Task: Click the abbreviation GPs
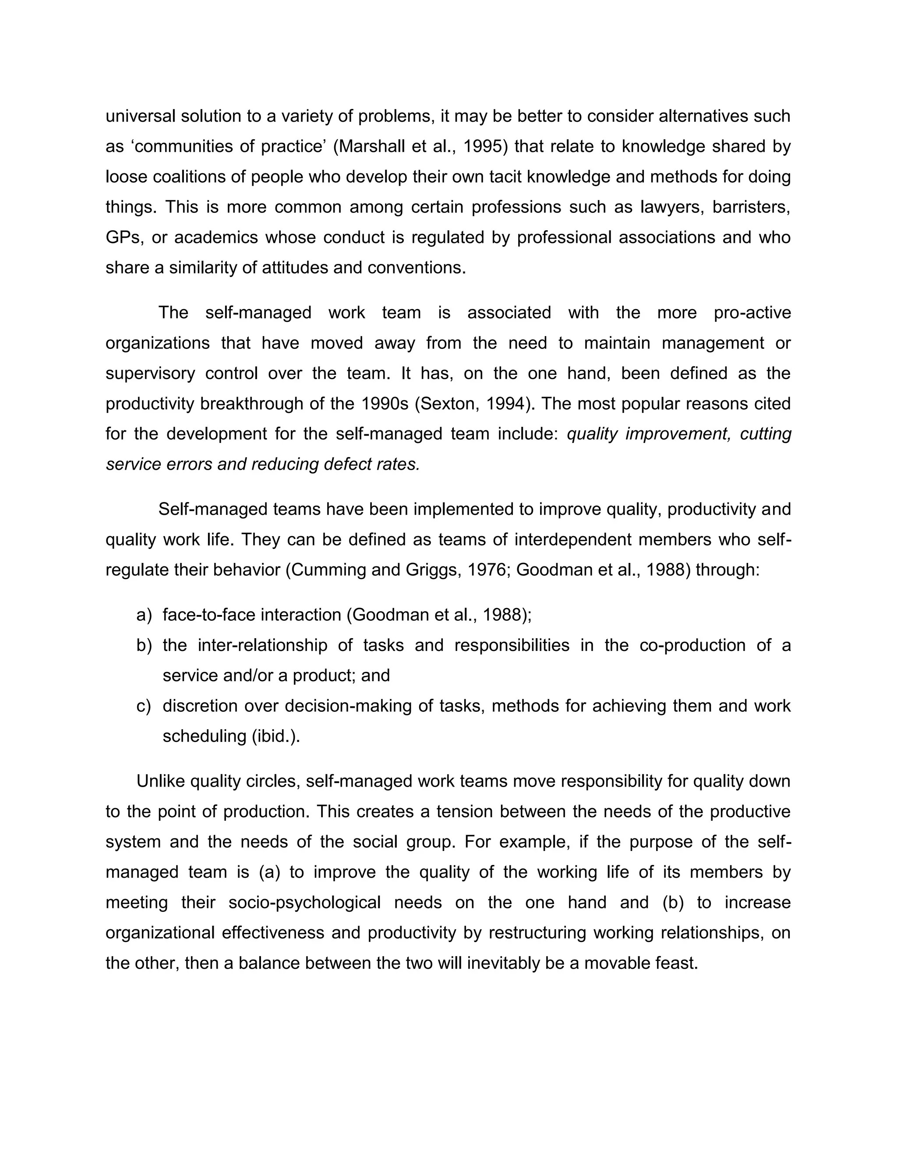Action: pos(123,237)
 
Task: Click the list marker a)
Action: pos(144,615)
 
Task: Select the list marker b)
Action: pos(144,645)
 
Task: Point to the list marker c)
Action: pos(144,706)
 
